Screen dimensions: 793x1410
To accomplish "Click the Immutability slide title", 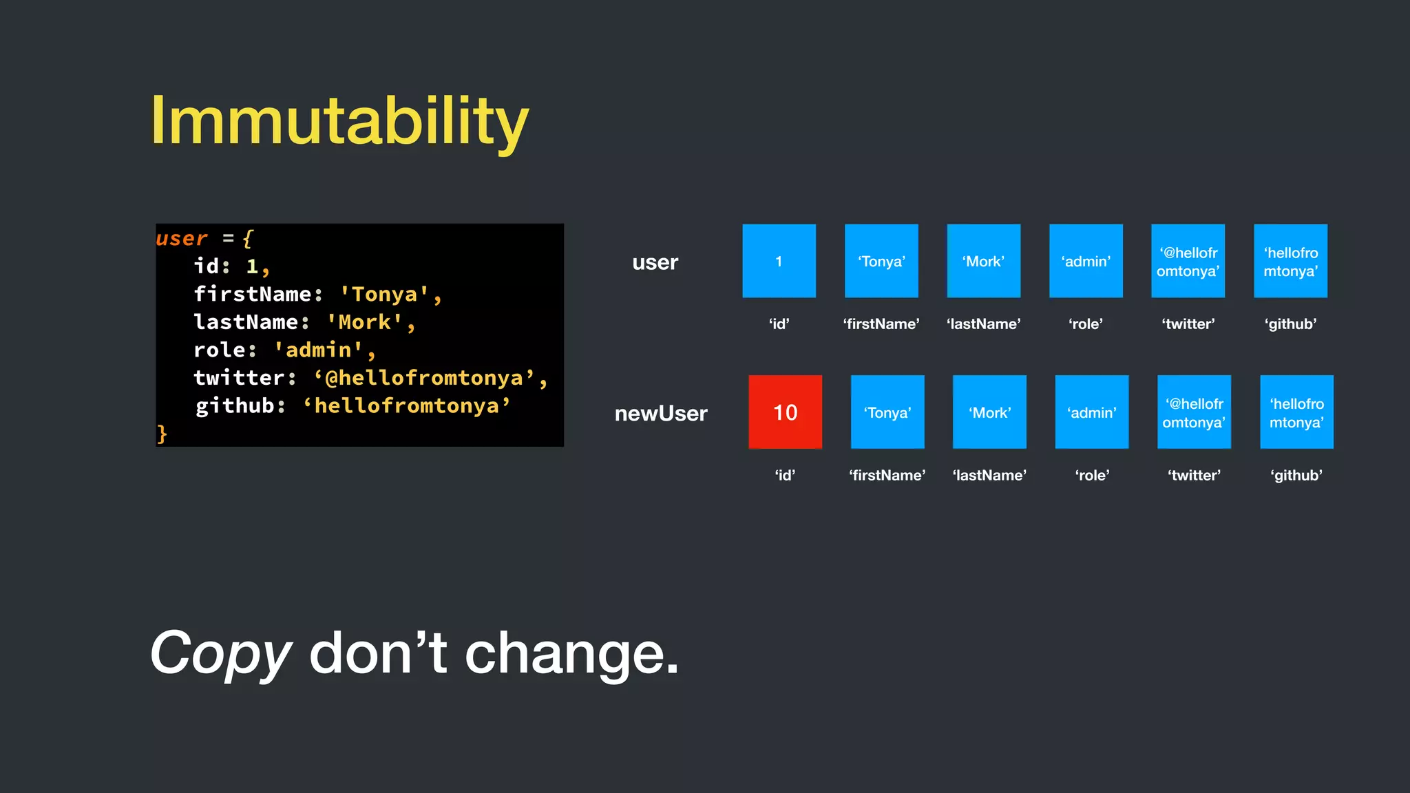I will pos(339,121).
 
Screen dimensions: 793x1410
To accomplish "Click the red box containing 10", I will pos(785,412).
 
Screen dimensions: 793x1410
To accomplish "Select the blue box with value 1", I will pos(779,261).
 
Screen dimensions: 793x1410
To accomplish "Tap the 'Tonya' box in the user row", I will pos(881,261).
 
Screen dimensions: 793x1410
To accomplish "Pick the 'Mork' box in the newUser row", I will pos(989,412).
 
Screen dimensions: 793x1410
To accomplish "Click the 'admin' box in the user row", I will pos(1086,261).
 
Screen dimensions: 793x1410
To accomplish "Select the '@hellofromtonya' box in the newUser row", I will pos(1194,412).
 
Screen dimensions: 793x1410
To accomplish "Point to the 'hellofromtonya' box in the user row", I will pos(1290,261).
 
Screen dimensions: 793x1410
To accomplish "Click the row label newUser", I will pos(660,413).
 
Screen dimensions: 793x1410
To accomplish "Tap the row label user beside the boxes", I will pos(655,262).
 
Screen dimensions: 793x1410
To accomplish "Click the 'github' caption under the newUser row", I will pos(1296,475).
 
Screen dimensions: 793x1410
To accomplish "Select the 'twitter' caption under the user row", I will pos(1188,324).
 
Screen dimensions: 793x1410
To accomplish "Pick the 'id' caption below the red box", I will pos(785,475).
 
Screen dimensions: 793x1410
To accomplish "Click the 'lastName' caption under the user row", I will pos(983,324).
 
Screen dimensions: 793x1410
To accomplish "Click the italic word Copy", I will pos(220,654).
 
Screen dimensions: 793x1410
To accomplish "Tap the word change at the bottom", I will pos(571,654).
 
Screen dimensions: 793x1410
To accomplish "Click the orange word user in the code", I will pos(181,238).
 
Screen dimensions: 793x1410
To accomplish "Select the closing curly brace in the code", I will pos(162,434).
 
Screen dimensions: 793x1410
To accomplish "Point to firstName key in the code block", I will pos(253,294).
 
